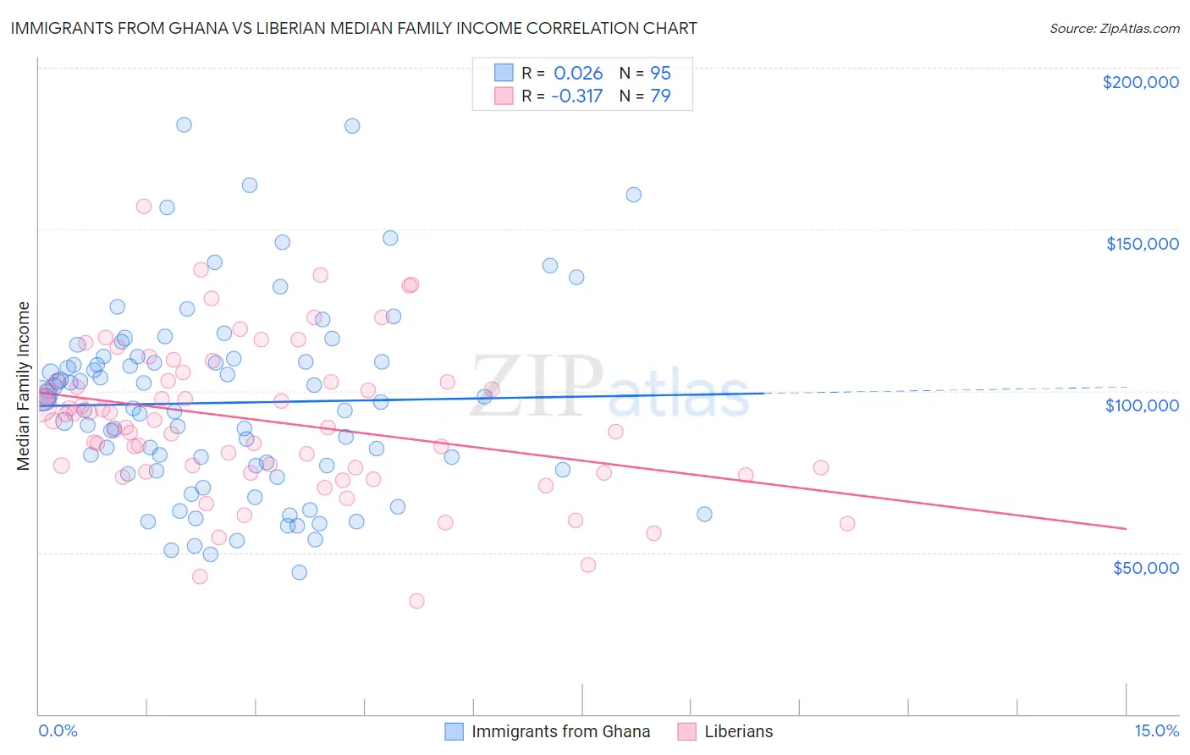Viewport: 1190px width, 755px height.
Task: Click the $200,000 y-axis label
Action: [x=1140, y=82]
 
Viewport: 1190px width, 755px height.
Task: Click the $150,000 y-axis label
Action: [x=1142, y=244]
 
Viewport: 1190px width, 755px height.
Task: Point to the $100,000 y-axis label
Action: [x=1142, y=405]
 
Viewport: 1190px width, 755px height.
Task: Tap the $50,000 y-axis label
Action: [x=1145, y=568]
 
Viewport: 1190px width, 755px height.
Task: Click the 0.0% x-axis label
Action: [x=58, y=730]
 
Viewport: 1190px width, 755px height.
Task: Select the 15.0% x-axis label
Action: [x=1156, y=730]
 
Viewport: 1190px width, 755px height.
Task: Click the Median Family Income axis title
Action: [x=24, y=386]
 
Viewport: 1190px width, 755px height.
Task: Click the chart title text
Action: [x=354, y=28]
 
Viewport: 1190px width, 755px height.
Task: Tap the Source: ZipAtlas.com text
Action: [x=1114, y=29]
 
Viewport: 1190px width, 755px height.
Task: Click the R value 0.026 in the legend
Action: [x=578, y=73]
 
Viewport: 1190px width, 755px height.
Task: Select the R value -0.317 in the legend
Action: [x=576, y=96]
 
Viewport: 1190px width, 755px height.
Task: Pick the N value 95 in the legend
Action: [x=660, y=73]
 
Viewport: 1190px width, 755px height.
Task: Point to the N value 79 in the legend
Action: [x=660, y=96]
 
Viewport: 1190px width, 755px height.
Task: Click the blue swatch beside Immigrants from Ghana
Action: [x=455, y=731]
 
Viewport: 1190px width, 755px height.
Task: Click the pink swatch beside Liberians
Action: [x=686, y=731]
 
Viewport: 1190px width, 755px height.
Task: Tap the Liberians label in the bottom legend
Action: [x=738, y=731]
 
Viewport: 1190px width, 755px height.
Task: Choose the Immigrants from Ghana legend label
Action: [x=560, y=731]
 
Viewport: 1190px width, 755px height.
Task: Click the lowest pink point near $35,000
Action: [x=416, y=601]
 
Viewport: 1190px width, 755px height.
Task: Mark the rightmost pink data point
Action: [x=847, y=524]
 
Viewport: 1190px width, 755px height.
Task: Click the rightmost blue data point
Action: [x=704, y=515]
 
